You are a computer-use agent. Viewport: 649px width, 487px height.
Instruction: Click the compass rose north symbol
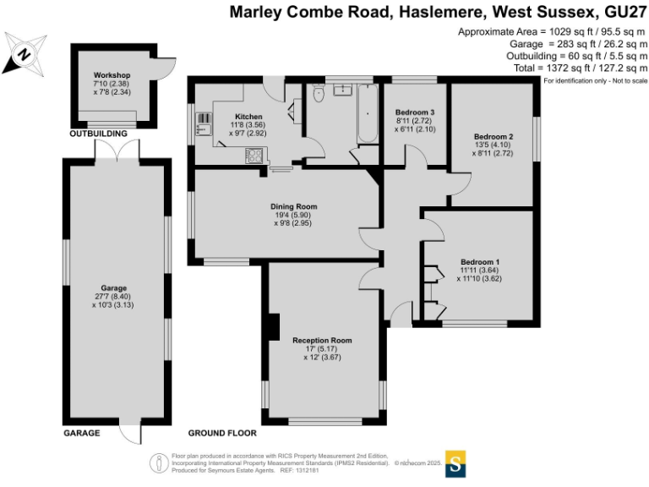point(25,55)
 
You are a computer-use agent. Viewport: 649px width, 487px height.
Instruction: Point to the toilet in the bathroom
point(317,96)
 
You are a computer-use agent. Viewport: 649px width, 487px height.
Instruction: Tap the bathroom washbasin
point(344,89)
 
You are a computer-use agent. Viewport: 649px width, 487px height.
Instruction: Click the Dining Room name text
point(294,206)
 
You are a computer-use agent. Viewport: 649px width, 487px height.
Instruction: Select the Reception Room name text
point(322,340)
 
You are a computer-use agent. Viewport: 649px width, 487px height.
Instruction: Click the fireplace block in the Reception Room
point(273,326)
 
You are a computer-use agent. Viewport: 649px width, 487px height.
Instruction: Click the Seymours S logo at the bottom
point(456,463)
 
